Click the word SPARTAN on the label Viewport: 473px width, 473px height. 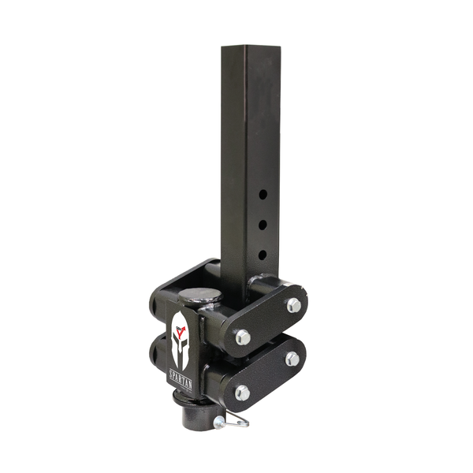[181, 380]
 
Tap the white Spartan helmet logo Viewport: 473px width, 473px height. [181, 340]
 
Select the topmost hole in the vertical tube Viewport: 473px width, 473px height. [263, 193]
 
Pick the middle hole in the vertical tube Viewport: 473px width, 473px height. [263, 224]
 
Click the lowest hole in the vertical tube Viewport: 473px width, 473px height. [263, 254]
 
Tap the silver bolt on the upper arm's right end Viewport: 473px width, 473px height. [293, 305]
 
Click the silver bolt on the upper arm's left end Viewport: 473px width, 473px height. [243, 337]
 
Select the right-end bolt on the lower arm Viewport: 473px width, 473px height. [292, 359]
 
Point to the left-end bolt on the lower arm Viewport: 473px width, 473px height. [242, 392]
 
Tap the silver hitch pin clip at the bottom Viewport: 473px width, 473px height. [231, 422]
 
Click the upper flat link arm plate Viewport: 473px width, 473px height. [268, 322]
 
